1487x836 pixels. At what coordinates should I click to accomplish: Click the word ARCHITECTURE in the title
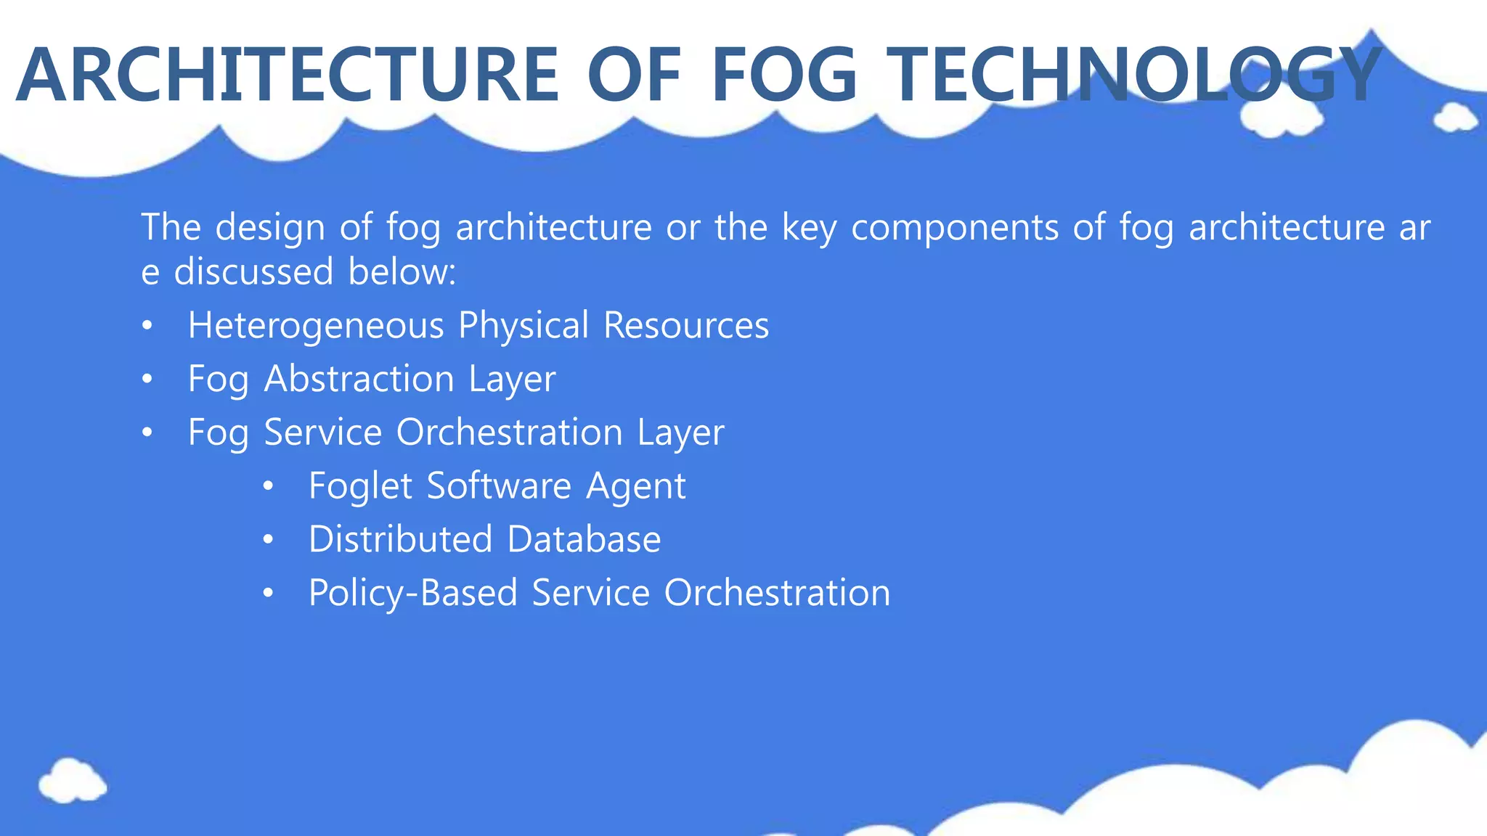[x=288, y=75]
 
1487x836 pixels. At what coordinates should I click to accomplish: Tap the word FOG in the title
[x=785, y=75]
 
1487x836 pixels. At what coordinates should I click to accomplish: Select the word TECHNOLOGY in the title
[x=1136, y=75]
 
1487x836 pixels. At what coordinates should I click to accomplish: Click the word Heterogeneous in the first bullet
[x=316, y=326]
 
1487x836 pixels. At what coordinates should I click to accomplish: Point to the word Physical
[x=523, y=326]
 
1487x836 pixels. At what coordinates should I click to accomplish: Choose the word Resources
[x=686, y=326]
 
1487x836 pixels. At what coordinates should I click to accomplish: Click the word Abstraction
[x=359, y=379]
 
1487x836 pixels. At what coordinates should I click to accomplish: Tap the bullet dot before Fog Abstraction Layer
[x=147, y=380]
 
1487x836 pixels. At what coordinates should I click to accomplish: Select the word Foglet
[x=360, y=486]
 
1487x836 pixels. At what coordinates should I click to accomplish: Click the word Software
[x=500, y=485]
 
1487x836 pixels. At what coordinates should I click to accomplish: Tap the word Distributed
[x=401, y=539]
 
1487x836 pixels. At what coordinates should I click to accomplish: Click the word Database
[x=584, y=539]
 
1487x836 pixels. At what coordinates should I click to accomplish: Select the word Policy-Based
[x=413, y=593]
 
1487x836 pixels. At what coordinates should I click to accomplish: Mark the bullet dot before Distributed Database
[x=269, y=540]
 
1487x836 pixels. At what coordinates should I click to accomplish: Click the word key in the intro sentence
[x=809, y=228]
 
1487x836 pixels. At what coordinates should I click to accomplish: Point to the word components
[x=955, y=228]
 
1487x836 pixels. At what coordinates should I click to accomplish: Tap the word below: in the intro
[x=402, y=272]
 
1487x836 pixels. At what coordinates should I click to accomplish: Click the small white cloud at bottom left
[x=72, y=781]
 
